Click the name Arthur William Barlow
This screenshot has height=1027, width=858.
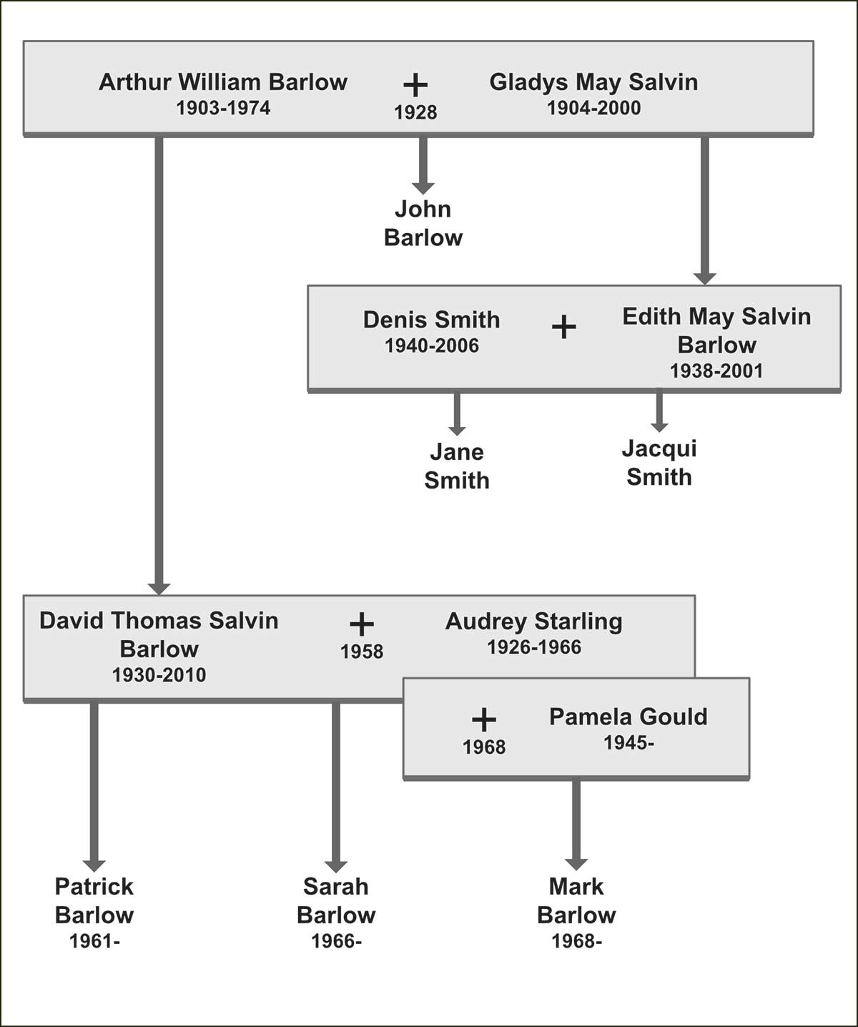[x=222, y=82]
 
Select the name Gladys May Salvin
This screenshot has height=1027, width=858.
[x=593, y=82]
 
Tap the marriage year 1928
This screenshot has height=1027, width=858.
[x=415, y=112]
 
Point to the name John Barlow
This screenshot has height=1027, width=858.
[x=423, y=223]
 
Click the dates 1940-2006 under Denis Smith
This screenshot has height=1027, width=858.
[x=432, y=346]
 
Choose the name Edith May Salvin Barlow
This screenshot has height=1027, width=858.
[x=716, y=330]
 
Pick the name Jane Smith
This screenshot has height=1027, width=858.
[x=457, y=466]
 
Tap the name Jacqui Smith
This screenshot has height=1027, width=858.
[x=659, y=463]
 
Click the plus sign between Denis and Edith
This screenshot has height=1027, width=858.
[x=564, y=328]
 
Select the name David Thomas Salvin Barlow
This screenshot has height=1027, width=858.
[x=159, y=634]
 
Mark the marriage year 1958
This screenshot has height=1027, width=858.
[x=362, y=652]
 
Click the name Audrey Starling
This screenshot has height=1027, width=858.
[x=534, y=621]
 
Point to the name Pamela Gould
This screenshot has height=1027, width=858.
[x=628, y=717]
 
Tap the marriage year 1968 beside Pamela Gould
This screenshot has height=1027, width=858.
[x=484, y=747]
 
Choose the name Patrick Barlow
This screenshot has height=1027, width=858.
[x=94, y=900]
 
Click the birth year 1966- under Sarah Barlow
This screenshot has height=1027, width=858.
[x=336, y=941]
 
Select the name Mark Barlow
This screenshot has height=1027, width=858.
[x=576, y=900]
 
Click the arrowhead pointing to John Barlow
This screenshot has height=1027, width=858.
[x=423, y=187]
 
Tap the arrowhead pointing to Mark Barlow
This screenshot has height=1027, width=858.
[x=576, y=863]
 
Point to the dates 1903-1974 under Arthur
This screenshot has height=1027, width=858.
[x=223, y=109]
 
